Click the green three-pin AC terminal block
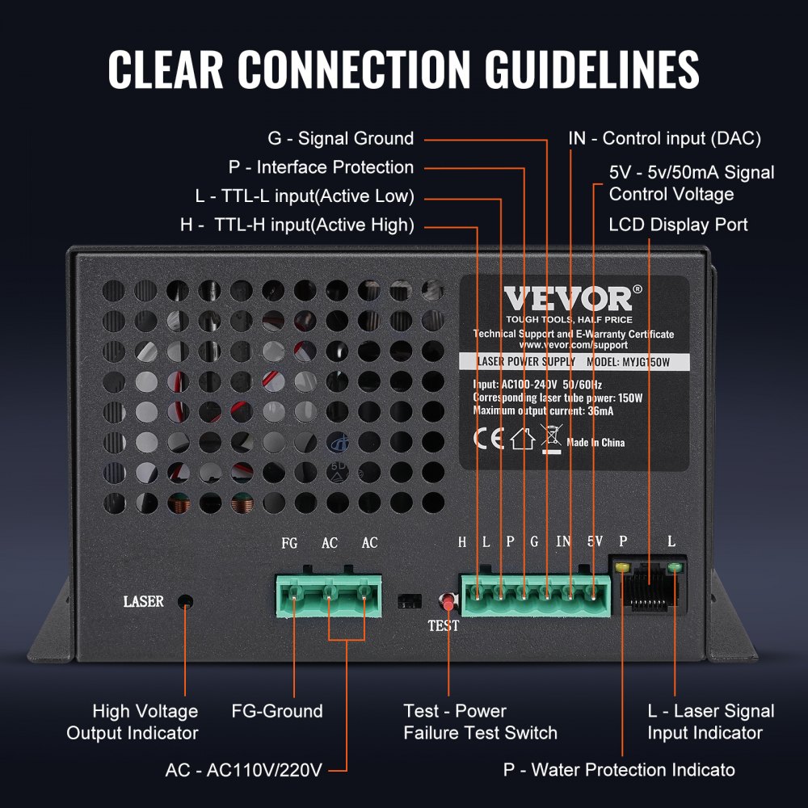tap(330, 596)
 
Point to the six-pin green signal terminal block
tap(536, 596)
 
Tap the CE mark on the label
tap(488, 440)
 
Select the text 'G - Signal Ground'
tap(340, 138)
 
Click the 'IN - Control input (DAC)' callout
tap(664, 138)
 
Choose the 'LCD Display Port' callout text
tap(678, 225)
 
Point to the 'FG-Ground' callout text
tap(276, 711)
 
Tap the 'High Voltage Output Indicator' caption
tap(133, 722)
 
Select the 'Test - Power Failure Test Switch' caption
tap(480, 722)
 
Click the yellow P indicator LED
tap(622, 567)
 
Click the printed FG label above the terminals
tap(289, 543)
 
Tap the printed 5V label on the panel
tap(595, 542)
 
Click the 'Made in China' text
tap(595, 443)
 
